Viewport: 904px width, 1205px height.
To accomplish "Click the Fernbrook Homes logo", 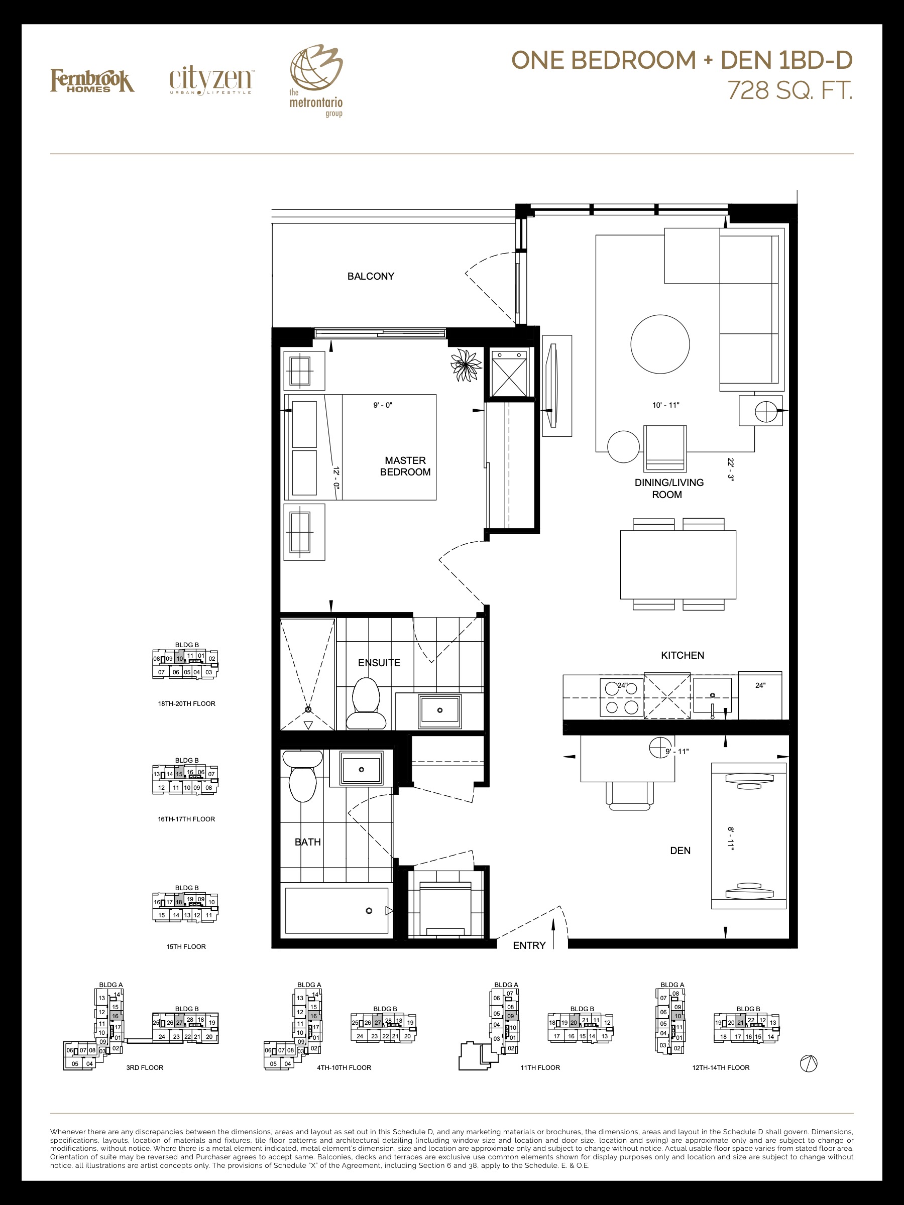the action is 92,81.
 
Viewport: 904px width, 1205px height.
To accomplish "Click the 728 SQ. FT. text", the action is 790,90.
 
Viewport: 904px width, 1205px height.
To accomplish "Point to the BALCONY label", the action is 371,276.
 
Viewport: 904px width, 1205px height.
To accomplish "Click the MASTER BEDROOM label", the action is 405,466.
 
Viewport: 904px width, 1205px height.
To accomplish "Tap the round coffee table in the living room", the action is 660,344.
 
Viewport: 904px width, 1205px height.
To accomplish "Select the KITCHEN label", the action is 682,655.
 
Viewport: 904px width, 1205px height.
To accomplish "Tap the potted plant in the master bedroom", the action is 466,365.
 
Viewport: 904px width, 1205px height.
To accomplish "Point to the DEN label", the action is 680,851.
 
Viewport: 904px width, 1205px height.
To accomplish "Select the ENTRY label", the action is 529,945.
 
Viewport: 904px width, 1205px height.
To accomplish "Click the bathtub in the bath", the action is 337,911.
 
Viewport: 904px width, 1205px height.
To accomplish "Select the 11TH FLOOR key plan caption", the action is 540,1068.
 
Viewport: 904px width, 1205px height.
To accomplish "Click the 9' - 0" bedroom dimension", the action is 383,405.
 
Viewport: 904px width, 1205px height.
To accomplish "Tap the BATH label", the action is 307,842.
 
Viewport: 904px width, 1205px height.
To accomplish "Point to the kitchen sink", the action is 712,696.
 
